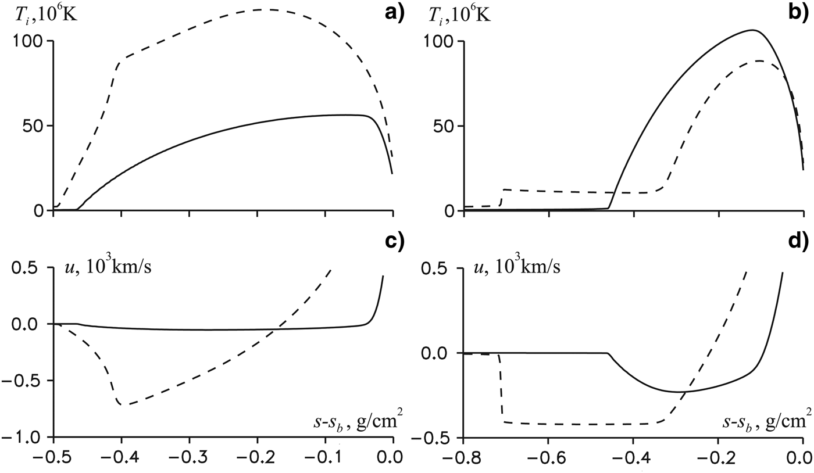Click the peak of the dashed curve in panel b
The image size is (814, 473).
point(759,60)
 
